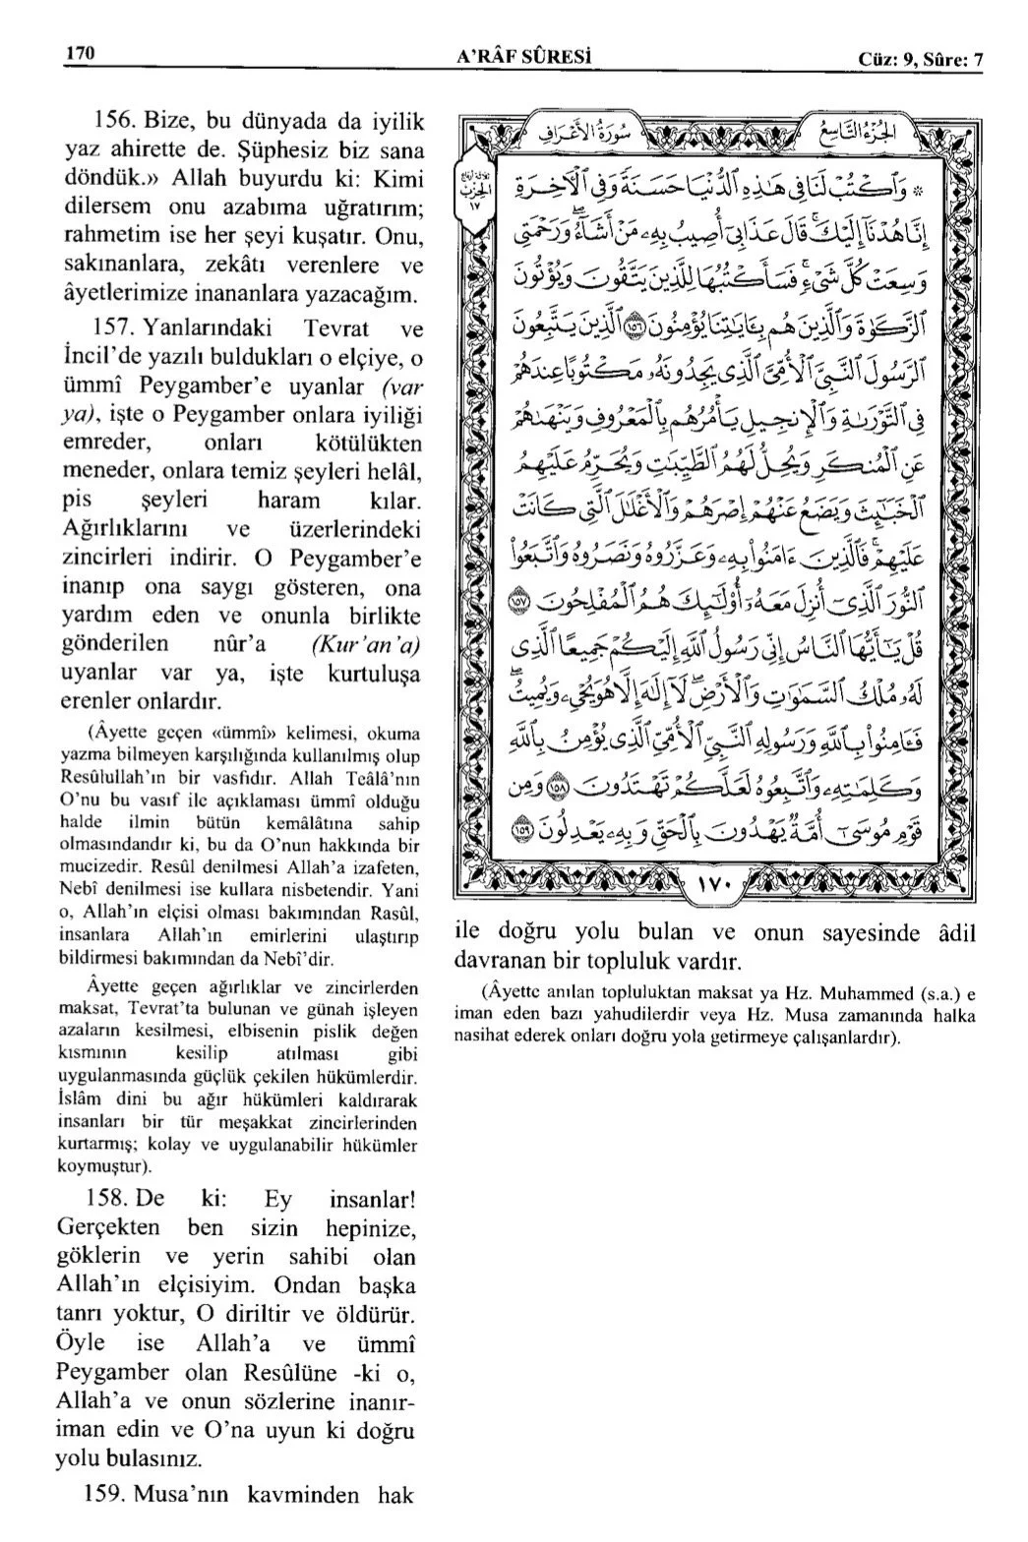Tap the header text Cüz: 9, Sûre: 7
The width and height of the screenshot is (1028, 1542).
pos(920,60)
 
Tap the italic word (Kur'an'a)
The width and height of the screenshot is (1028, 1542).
pos(365,645)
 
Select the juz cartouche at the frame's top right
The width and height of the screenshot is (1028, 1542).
pos(857,128)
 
